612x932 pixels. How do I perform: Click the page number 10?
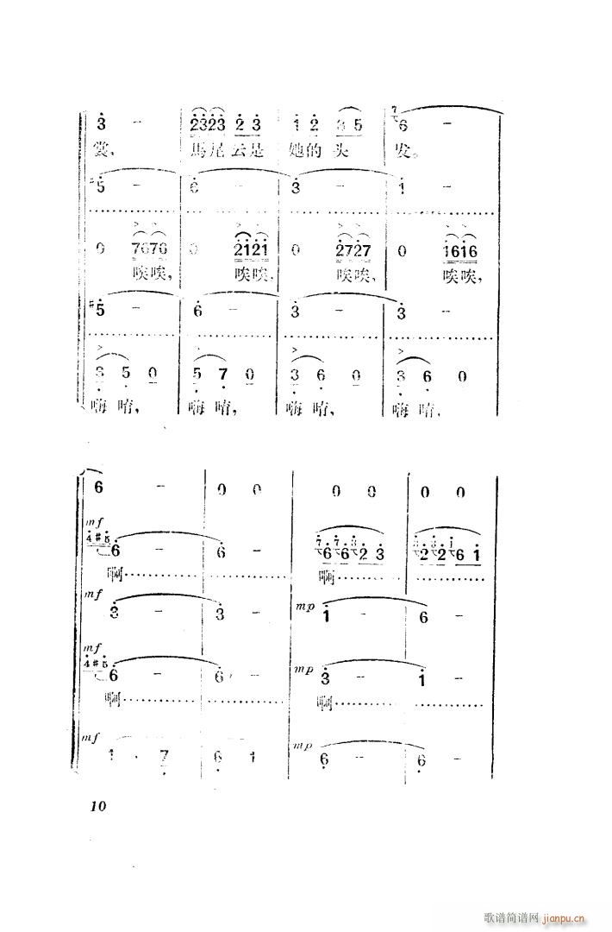point(97,807)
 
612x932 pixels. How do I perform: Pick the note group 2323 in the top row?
point(208,125)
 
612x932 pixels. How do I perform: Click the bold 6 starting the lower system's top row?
point(98,488)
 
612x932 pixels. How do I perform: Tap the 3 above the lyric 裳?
point(102,125)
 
